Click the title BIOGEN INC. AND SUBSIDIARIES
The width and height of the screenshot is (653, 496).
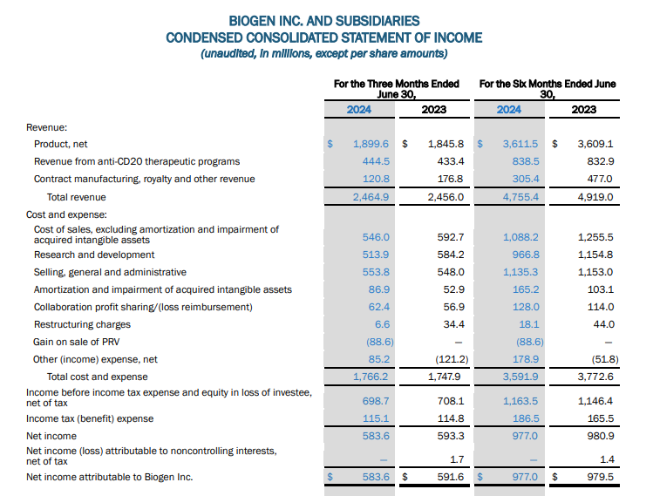[323, 21]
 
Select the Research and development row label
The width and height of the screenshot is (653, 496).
[94, 255]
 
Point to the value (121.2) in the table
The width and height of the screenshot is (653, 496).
[452, 359]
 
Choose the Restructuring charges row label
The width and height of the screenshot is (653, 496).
[82, 324]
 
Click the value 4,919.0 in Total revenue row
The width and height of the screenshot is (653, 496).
[595, 197]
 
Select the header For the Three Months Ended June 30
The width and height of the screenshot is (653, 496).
[397, 89]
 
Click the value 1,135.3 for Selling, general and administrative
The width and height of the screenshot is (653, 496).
[521, 272]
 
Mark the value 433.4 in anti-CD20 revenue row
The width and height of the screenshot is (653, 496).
[450, 161]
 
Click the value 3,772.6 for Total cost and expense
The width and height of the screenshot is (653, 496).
[595, 377]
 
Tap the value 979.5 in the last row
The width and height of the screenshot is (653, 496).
[600, 477]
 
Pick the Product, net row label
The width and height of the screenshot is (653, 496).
[61, 144]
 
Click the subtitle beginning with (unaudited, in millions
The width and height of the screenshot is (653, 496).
[323, 54]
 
